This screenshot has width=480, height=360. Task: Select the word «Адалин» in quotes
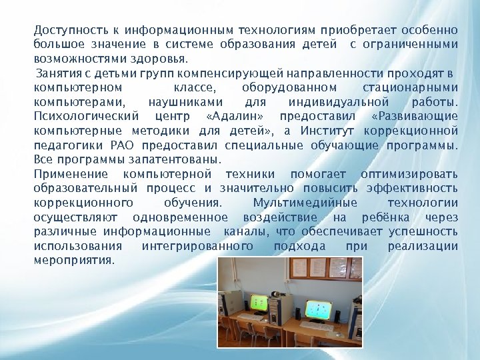click(233, 116)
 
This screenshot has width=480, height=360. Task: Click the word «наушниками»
click(189, 102)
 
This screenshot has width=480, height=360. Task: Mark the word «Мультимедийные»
click(305, 203)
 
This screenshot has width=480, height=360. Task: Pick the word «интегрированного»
click(197, 246)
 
